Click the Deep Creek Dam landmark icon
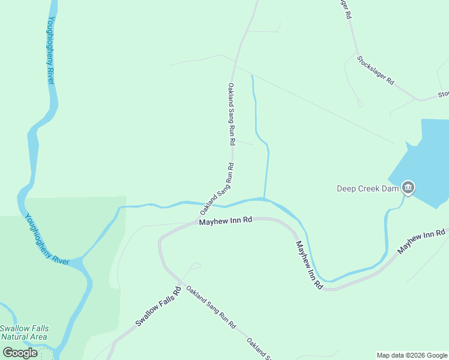click(408, 188)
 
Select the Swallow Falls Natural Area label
click(24, 332)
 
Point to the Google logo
click(20, 353)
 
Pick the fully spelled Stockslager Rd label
click(375, 70)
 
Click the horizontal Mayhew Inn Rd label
click(225, 222)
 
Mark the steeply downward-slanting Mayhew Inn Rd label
click(309, 265)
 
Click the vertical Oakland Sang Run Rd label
click(231, 115)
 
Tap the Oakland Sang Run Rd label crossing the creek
click(217, 190)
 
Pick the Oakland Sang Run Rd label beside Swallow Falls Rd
click(210, 307)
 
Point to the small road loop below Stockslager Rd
click(360, 103)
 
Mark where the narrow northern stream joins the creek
click(264, 197)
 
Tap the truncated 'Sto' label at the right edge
click(443, 94)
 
